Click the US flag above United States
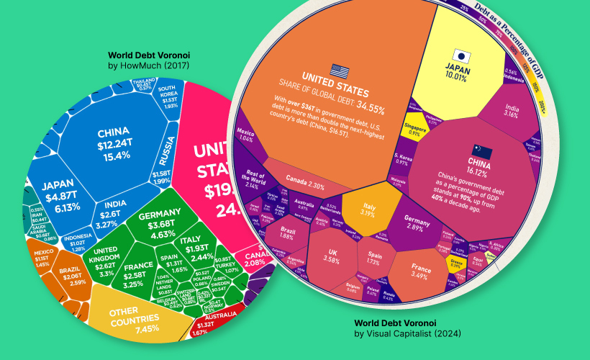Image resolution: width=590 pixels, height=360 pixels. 340,71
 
